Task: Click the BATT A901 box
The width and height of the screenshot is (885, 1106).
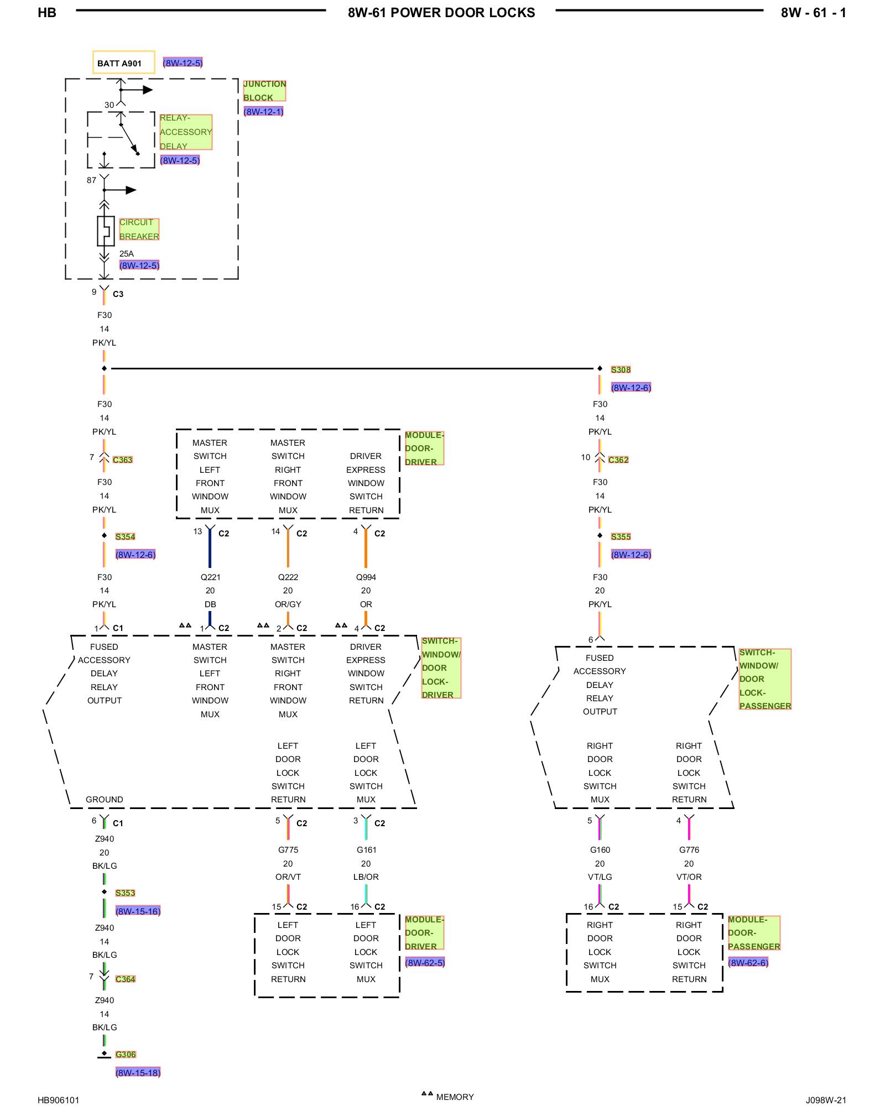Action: tap(123, 62)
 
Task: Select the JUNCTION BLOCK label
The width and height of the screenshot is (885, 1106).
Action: tap(264, 91)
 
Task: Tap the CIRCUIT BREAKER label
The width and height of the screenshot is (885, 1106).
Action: tap(139, 229)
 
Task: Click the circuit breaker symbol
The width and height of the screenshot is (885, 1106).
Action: tap(105, 231)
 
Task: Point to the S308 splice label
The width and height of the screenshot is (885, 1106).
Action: tap(621, 369)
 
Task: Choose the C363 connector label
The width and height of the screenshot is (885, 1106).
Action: tap(123, 460)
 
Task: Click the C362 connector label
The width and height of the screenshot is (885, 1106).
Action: tap(618, 460)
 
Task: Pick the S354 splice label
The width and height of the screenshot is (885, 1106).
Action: tap(125, 536)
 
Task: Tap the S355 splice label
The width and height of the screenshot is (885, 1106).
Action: tap(621, 536)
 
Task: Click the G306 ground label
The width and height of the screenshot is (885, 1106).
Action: tap(126, 1055)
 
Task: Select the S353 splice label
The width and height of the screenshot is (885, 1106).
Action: tap(125, 893)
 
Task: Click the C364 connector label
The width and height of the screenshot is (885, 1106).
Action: tap(126, 979)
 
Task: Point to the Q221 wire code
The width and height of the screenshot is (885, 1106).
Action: tap(210, 577)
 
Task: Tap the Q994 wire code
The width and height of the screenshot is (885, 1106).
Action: tap(366, 577)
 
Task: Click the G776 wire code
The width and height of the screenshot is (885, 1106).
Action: tap(689, 850)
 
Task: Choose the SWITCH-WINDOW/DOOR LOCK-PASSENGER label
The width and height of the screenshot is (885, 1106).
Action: tap(765, 679)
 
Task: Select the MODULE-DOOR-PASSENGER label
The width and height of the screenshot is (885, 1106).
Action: tap(754, 933)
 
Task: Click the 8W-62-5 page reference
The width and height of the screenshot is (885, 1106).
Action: tap(425, 963)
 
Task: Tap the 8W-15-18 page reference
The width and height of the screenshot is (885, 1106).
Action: tap(138, 1073)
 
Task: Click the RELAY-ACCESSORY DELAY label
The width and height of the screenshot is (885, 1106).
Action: tap(186, 132)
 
